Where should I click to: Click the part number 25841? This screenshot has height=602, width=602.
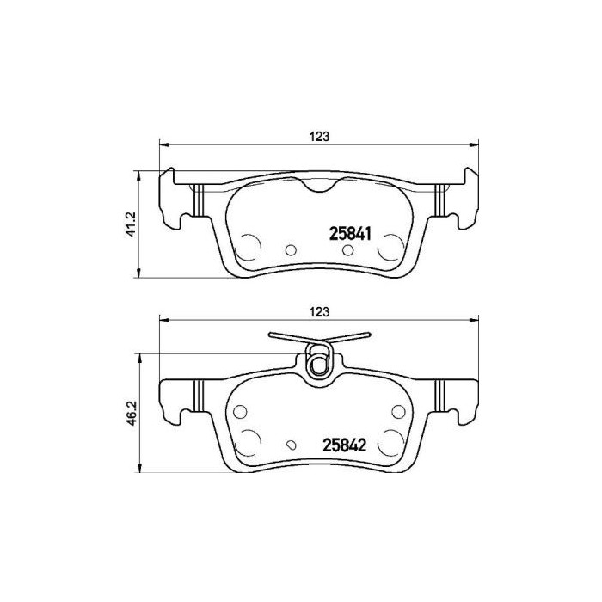pos(350,232)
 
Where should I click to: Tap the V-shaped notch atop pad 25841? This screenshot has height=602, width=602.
pos(319,185)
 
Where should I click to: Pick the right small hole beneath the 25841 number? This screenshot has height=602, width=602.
pos(347,250)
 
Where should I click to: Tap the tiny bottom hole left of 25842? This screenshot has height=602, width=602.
pos(292,445)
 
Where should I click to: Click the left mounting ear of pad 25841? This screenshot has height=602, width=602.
pos(175,202)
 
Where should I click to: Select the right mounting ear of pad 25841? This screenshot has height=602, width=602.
pos(464,202)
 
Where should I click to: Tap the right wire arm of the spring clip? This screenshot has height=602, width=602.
pos(348,338)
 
